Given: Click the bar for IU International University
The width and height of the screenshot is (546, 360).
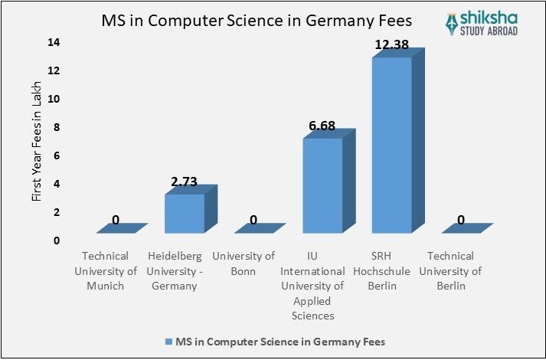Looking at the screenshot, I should click(x=322, y=185).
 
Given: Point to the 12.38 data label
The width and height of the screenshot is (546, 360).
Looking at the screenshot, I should click(x=393, y=47).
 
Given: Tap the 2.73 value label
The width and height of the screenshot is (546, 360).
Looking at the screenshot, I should click(x=185, y=182).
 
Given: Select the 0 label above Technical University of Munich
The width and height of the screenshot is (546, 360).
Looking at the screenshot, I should click(x=116, y=221).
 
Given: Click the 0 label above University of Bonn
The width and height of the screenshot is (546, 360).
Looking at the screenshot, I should click(x=253, y=221).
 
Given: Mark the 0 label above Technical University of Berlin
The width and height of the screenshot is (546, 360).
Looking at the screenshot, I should click(x=460, y=221).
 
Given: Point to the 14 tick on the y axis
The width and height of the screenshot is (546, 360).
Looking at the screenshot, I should click(x=54, y=42).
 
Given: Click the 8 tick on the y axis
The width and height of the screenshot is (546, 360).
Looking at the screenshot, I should click(x=57, y=127).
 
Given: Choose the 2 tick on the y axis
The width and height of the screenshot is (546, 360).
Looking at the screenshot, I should click(x=57, y=212).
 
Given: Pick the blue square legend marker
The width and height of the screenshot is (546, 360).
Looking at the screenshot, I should click(x=168, y=340).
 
